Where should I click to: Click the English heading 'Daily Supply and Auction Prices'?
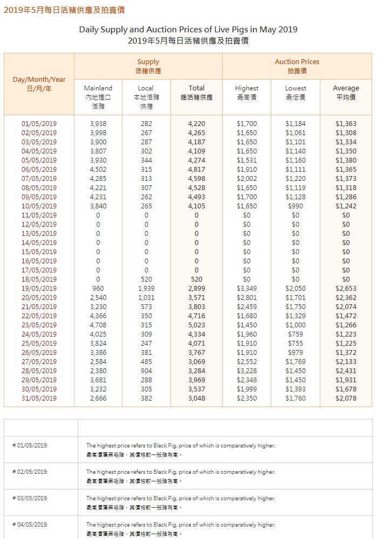click(188, 30)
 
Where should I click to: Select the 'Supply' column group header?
click(148, 62)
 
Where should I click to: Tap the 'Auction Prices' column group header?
click(297, 62)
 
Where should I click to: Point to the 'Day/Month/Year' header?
click(39, 80)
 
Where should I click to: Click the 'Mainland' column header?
click(98, 88)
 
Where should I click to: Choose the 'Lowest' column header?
click(296, 88)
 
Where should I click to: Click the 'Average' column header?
click(346, 88)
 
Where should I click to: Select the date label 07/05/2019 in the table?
click(39, 179)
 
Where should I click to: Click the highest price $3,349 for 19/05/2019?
click(246, 289)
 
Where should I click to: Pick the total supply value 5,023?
click(196, 325)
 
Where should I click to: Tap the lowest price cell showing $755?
click(296, 344)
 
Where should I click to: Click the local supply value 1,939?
click(146, 289)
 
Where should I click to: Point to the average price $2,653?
click(346, 289)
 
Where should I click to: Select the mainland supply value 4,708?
click(98, 325)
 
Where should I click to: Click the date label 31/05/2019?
click(39, 398)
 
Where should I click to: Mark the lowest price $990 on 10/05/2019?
click(296, 206)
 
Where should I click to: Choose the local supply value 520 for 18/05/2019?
click(146, 279)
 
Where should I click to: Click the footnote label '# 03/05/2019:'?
click(31, 499)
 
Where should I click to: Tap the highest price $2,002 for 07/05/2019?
click(246, 179)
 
